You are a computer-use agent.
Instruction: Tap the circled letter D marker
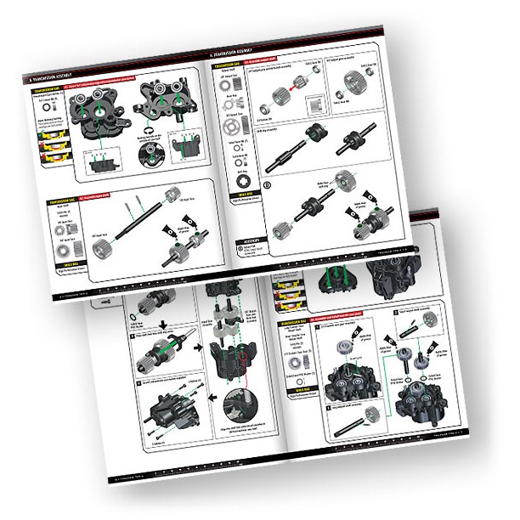pos(245,183)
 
